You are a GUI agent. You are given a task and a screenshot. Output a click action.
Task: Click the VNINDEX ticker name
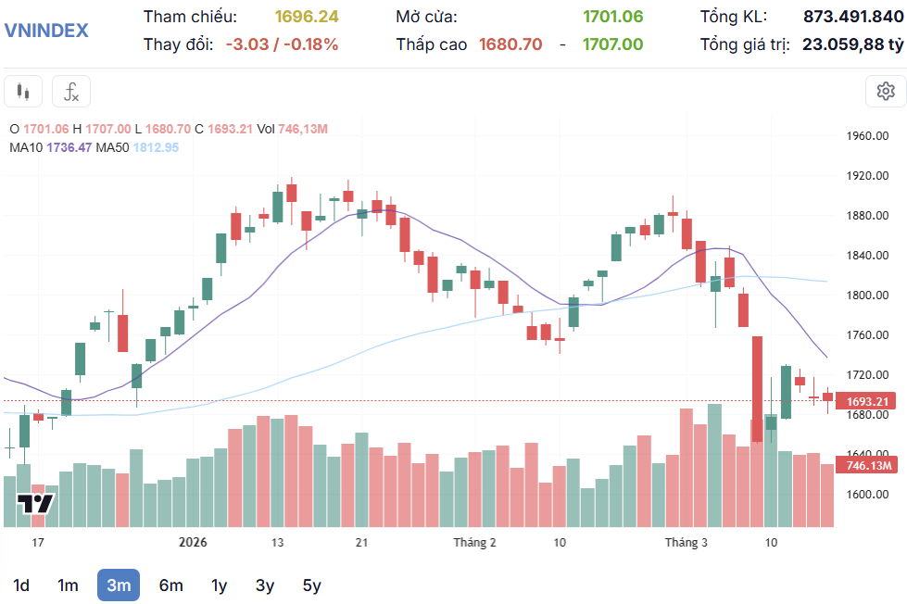click(x=46, y=30)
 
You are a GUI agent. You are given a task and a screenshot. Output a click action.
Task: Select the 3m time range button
click(x=119, y=585)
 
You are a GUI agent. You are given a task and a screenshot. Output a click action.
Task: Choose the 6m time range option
click(x=170, y=585)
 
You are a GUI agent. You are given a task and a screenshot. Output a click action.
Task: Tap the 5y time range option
click(x=311, y=585)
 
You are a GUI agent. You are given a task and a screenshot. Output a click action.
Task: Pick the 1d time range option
click(x=21, y=585)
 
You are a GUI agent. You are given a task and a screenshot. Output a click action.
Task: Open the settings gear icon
click(x=885, y=91)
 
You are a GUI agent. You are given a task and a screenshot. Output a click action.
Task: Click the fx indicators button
click(x=71, y=92)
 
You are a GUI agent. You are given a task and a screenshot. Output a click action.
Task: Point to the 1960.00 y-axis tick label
click(x=867, y=136)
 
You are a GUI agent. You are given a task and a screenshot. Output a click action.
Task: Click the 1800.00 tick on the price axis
click(x=867, y=296)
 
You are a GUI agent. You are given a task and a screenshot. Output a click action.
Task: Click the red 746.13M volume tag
click(x=868, y=465)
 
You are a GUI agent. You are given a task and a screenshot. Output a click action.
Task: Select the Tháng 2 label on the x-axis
click(x=474, y=543)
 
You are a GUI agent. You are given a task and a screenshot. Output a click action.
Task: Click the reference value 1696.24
click(x=307, y=17)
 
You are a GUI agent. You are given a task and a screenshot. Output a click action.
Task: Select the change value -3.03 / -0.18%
click(x=282, y=44)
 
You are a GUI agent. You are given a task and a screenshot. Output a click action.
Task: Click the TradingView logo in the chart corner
click(x=35, y=505)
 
